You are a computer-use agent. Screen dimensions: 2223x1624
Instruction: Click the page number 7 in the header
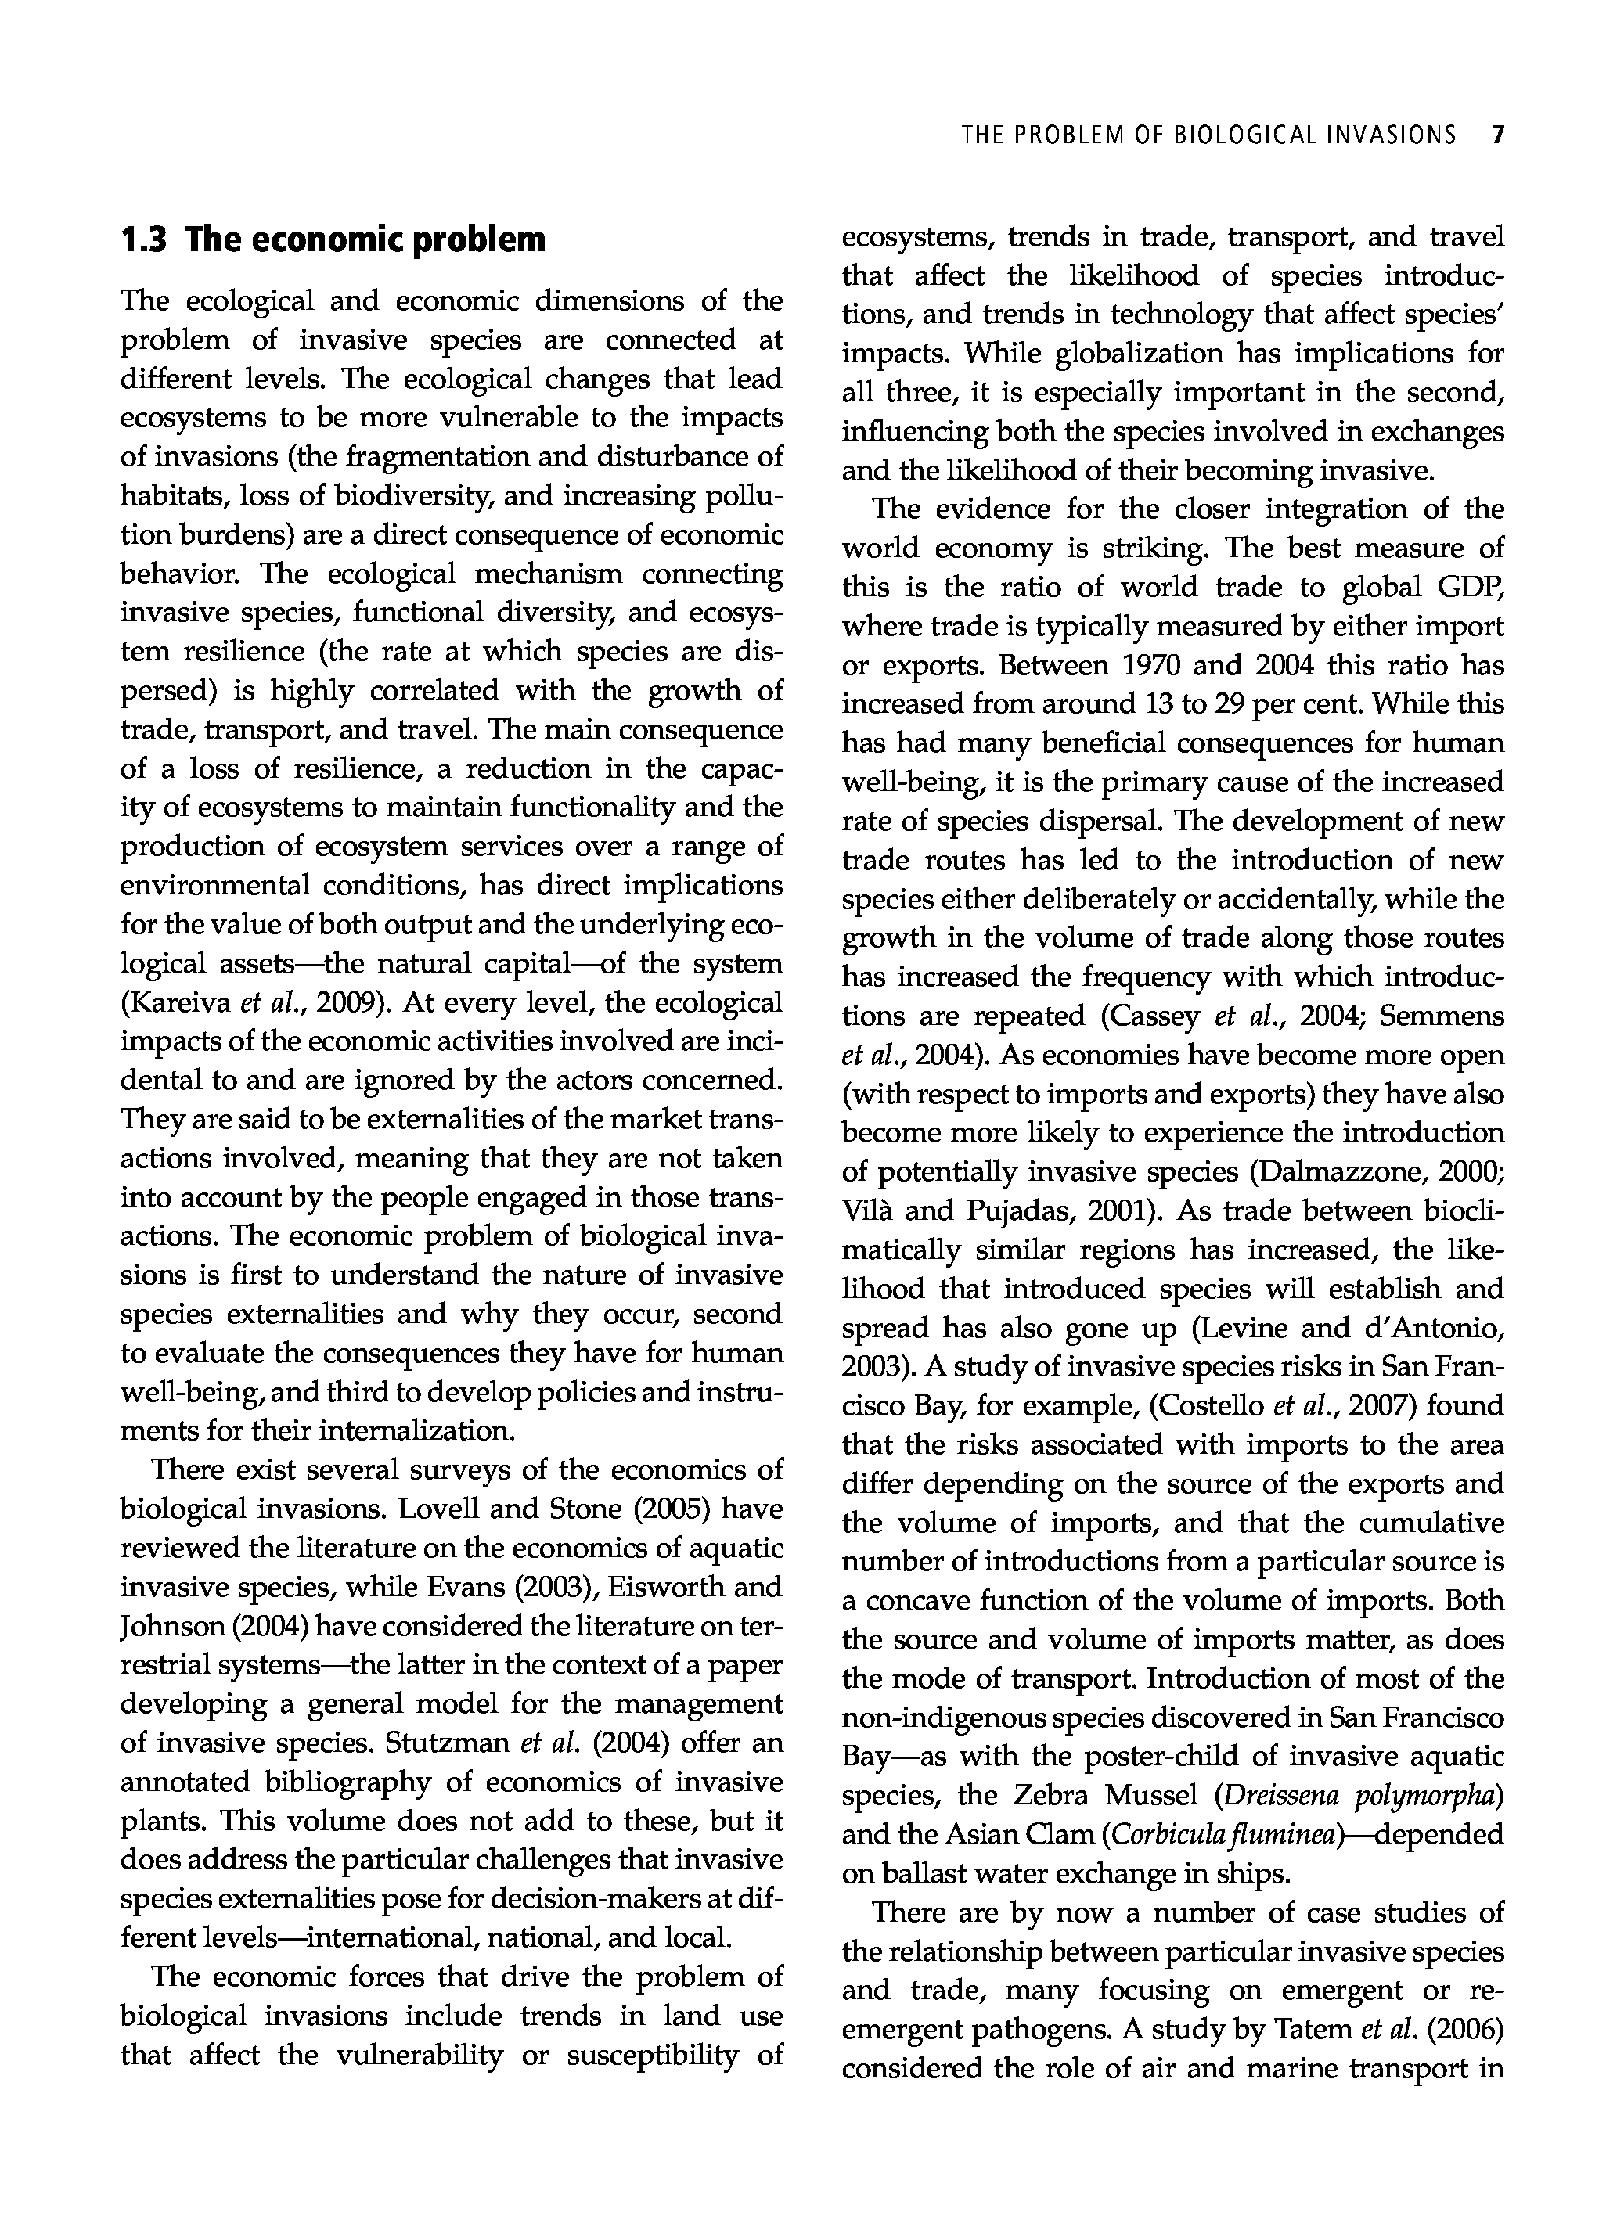point(1497,135)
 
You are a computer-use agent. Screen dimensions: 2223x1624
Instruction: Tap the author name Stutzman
point(445,1743)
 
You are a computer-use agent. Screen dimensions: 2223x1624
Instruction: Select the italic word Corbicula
point(1161,1835)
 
